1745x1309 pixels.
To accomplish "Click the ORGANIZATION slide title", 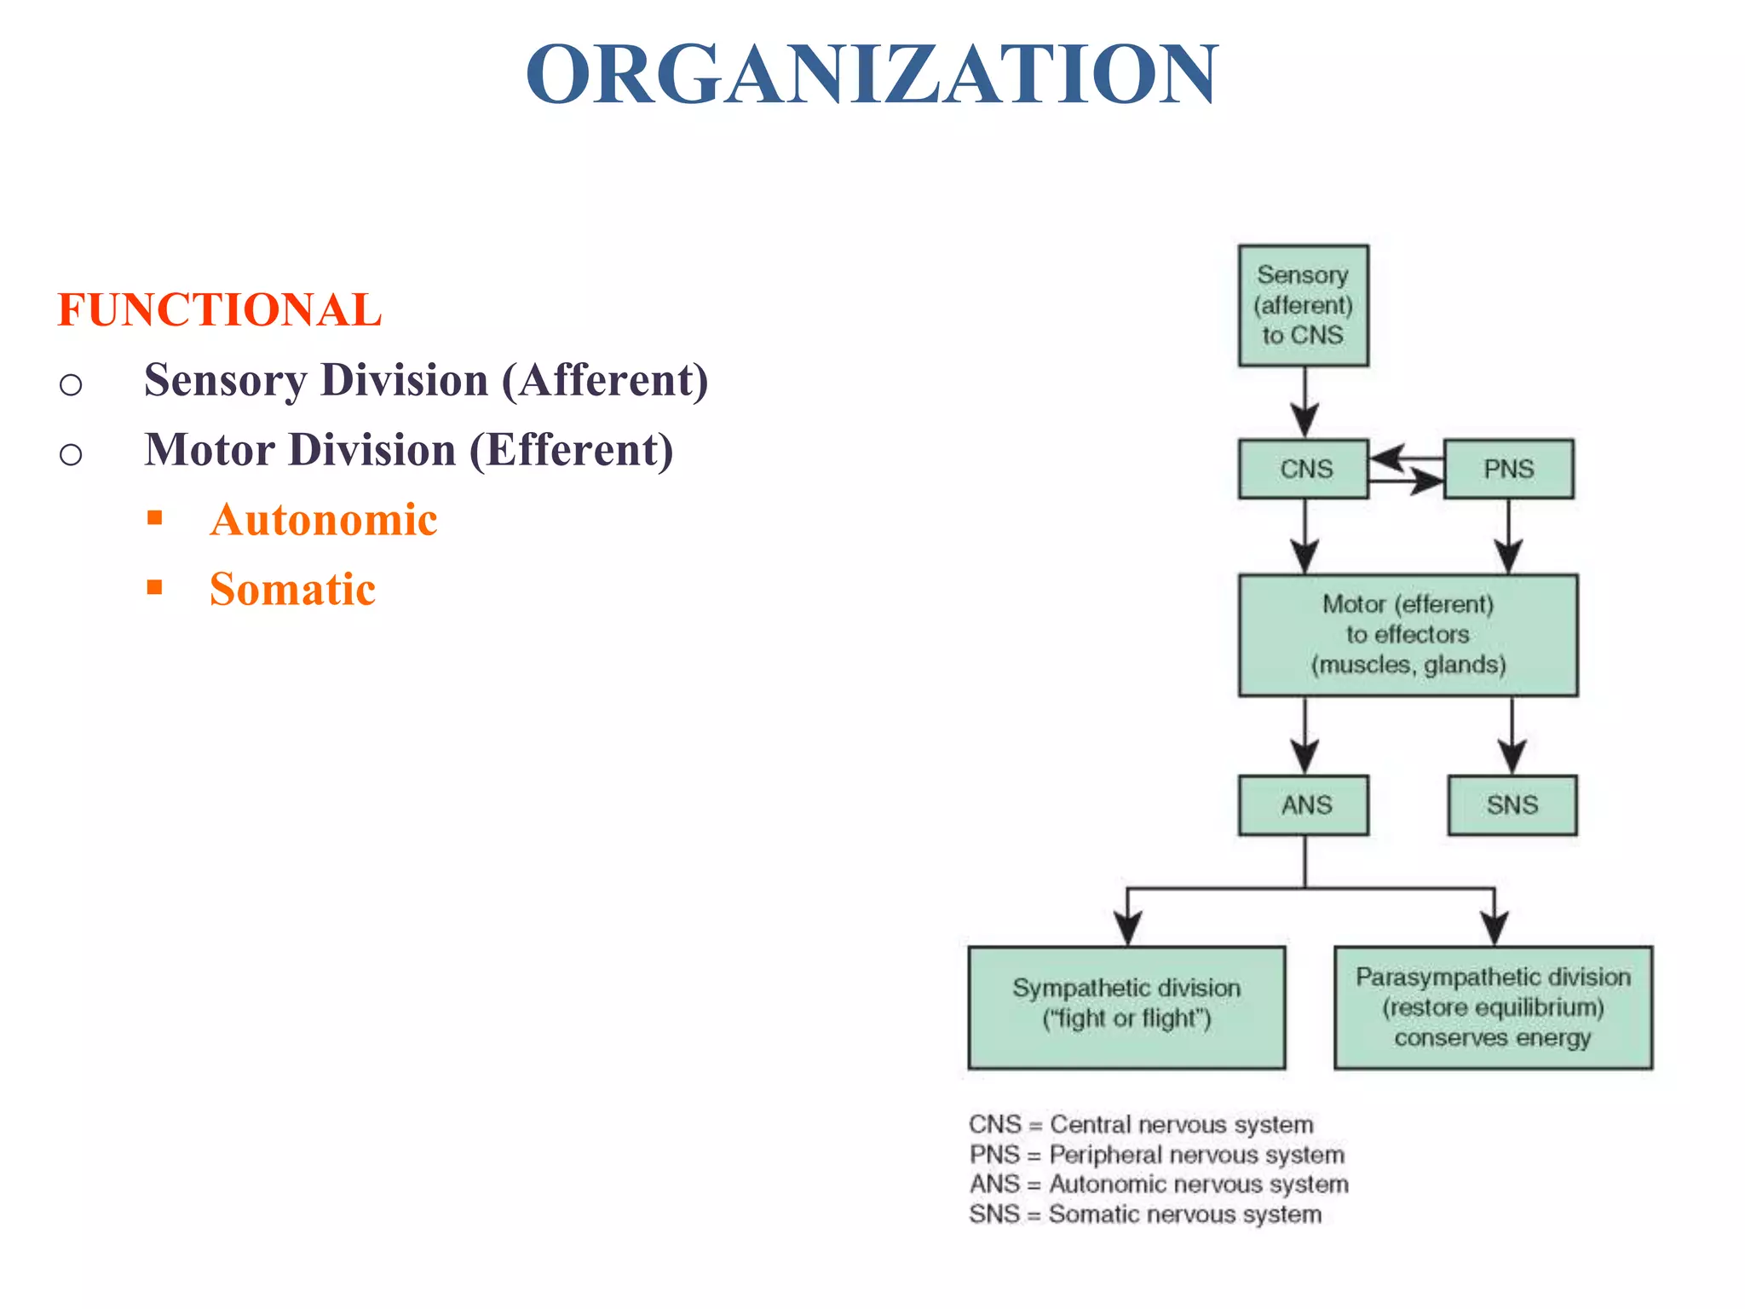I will click(x=872, y=75).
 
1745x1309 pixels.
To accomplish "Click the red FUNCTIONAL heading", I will click(x=219, y=309).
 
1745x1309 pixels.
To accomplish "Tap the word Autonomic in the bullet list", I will click(x=324, y=520).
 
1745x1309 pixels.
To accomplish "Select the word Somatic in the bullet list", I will click(x=292, y=590).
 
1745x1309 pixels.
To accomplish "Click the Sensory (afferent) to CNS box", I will click(x=1303, y=306).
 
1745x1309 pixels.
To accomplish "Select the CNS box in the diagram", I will click(x=1304, y=469).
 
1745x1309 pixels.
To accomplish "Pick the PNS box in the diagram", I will click(x=1508, y=469).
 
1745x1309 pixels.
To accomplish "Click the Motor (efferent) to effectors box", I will click(x=1408, y=635).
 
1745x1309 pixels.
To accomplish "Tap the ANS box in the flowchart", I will click(x=1304, y=804).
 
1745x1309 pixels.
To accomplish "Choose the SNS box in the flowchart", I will click(x=1512, y=804).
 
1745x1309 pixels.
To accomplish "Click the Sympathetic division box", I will click(x=1126, y=1006).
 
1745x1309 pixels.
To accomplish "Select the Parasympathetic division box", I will click(x=1493, y=1006).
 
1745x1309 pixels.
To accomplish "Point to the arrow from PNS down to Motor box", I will click(x=1509, y=536).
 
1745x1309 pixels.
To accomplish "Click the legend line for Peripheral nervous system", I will click(x=1156, y=1155).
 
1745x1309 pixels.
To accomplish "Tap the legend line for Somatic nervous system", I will click(x=1145, y=1214).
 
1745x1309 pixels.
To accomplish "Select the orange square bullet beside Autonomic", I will click(x=154, y=517).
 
